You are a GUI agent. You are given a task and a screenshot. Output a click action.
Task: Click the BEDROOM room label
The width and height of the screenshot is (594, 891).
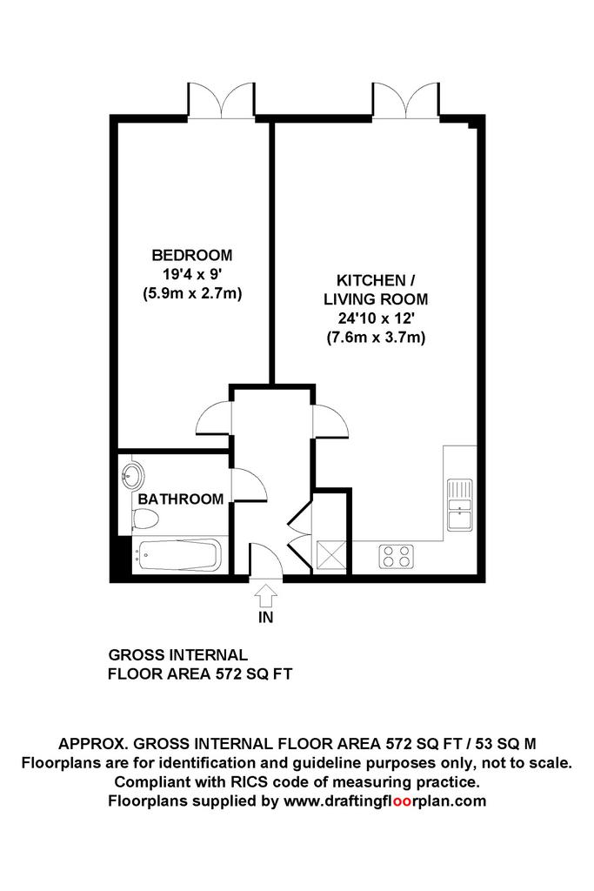pyautogui.click(x=192, y=255)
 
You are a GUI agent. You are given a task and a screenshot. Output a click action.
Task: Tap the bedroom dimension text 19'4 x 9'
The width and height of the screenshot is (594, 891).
pyautogui.click(x=192, y=274)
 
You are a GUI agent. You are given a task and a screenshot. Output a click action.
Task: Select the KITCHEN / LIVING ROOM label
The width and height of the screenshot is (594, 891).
pyautogui.click(x=376, y=289)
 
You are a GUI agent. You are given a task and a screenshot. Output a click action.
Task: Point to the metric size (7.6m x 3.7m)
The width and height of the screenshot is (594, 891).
pyautogui.click(x=376, y=338)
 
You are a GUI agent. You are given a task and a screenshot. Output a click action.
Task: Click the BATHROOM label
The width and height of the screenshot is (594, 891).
pyautogui.click(x=181, y=499)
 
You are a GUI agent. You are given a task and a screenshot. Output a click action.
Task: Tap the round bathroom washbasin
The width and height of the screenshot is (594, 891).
pyautogui.click(x=132, y=474)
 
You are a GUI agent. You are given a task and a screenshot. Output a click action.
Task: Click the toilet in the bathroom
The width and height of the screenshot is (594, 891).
pyautogui.click(x=145, y=519)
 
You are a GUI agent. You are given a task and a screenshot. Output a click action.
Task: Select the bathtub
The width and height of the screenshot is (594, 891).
pyautogui.click(x=177, y=555)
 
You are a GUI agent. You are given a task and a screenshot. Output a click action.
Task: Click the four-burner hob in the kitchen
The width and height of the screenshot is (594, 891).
pyautogui.click(x=397, y=555)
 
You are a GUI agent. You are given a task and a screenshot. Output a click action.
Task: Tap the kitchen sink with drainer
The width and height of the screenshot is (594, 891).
pyautogui.click(x=460, y=505)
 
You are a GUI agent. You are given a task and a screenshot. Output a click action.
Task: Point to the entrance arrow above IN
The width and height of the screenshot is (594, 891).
pyautogui.click(x=265, y=597)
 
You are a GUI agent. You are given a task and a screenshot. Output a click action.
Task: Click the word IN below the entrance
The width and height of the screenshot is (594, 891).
pyautogui.click(x=266, y=617)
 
